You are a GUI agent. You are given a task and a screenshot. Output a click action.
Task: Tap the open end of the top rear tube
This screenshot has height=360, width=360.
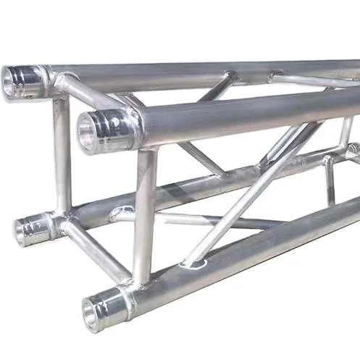pyautogui.click(x=17, y=80)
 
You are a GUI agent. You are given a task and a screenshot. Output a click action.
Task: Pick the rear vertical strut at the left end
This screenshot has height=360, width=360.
pyautogui.click(x=62, y=156)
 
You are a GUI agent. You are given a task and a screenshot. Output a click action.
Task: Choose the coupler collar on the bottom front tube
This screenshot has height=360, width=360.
pyautogui.click(x=120, y=296)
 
